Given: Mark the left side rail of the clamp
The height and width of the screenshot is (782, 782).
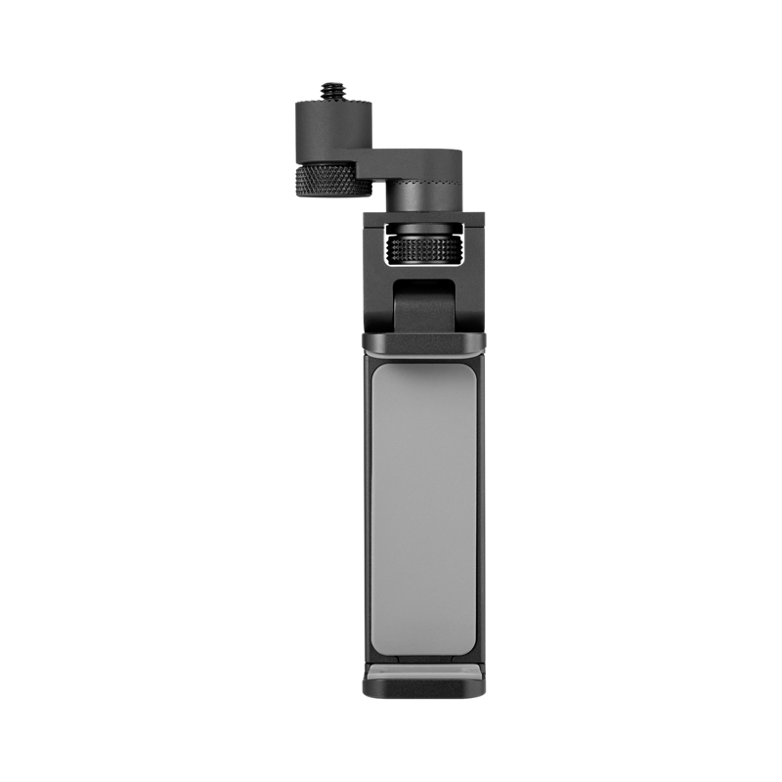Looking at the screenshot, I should coord(367,508).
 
